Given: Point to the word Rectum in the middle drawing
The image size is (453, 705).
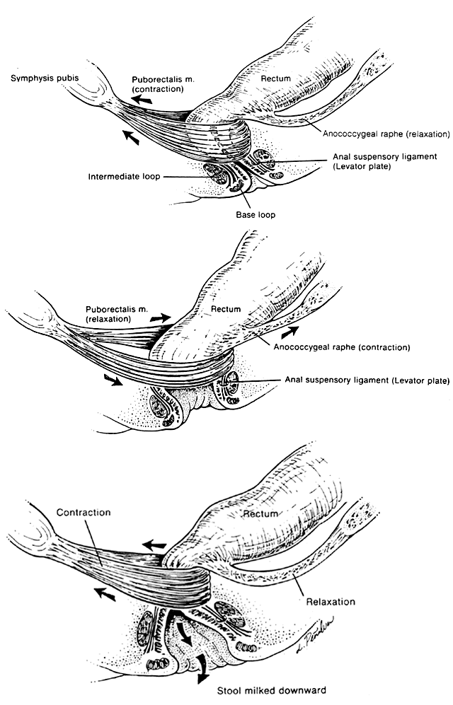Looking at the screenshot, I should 226,309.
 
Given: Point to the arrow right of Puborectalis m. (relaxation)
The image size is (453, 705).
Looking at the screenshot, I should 161,320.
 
